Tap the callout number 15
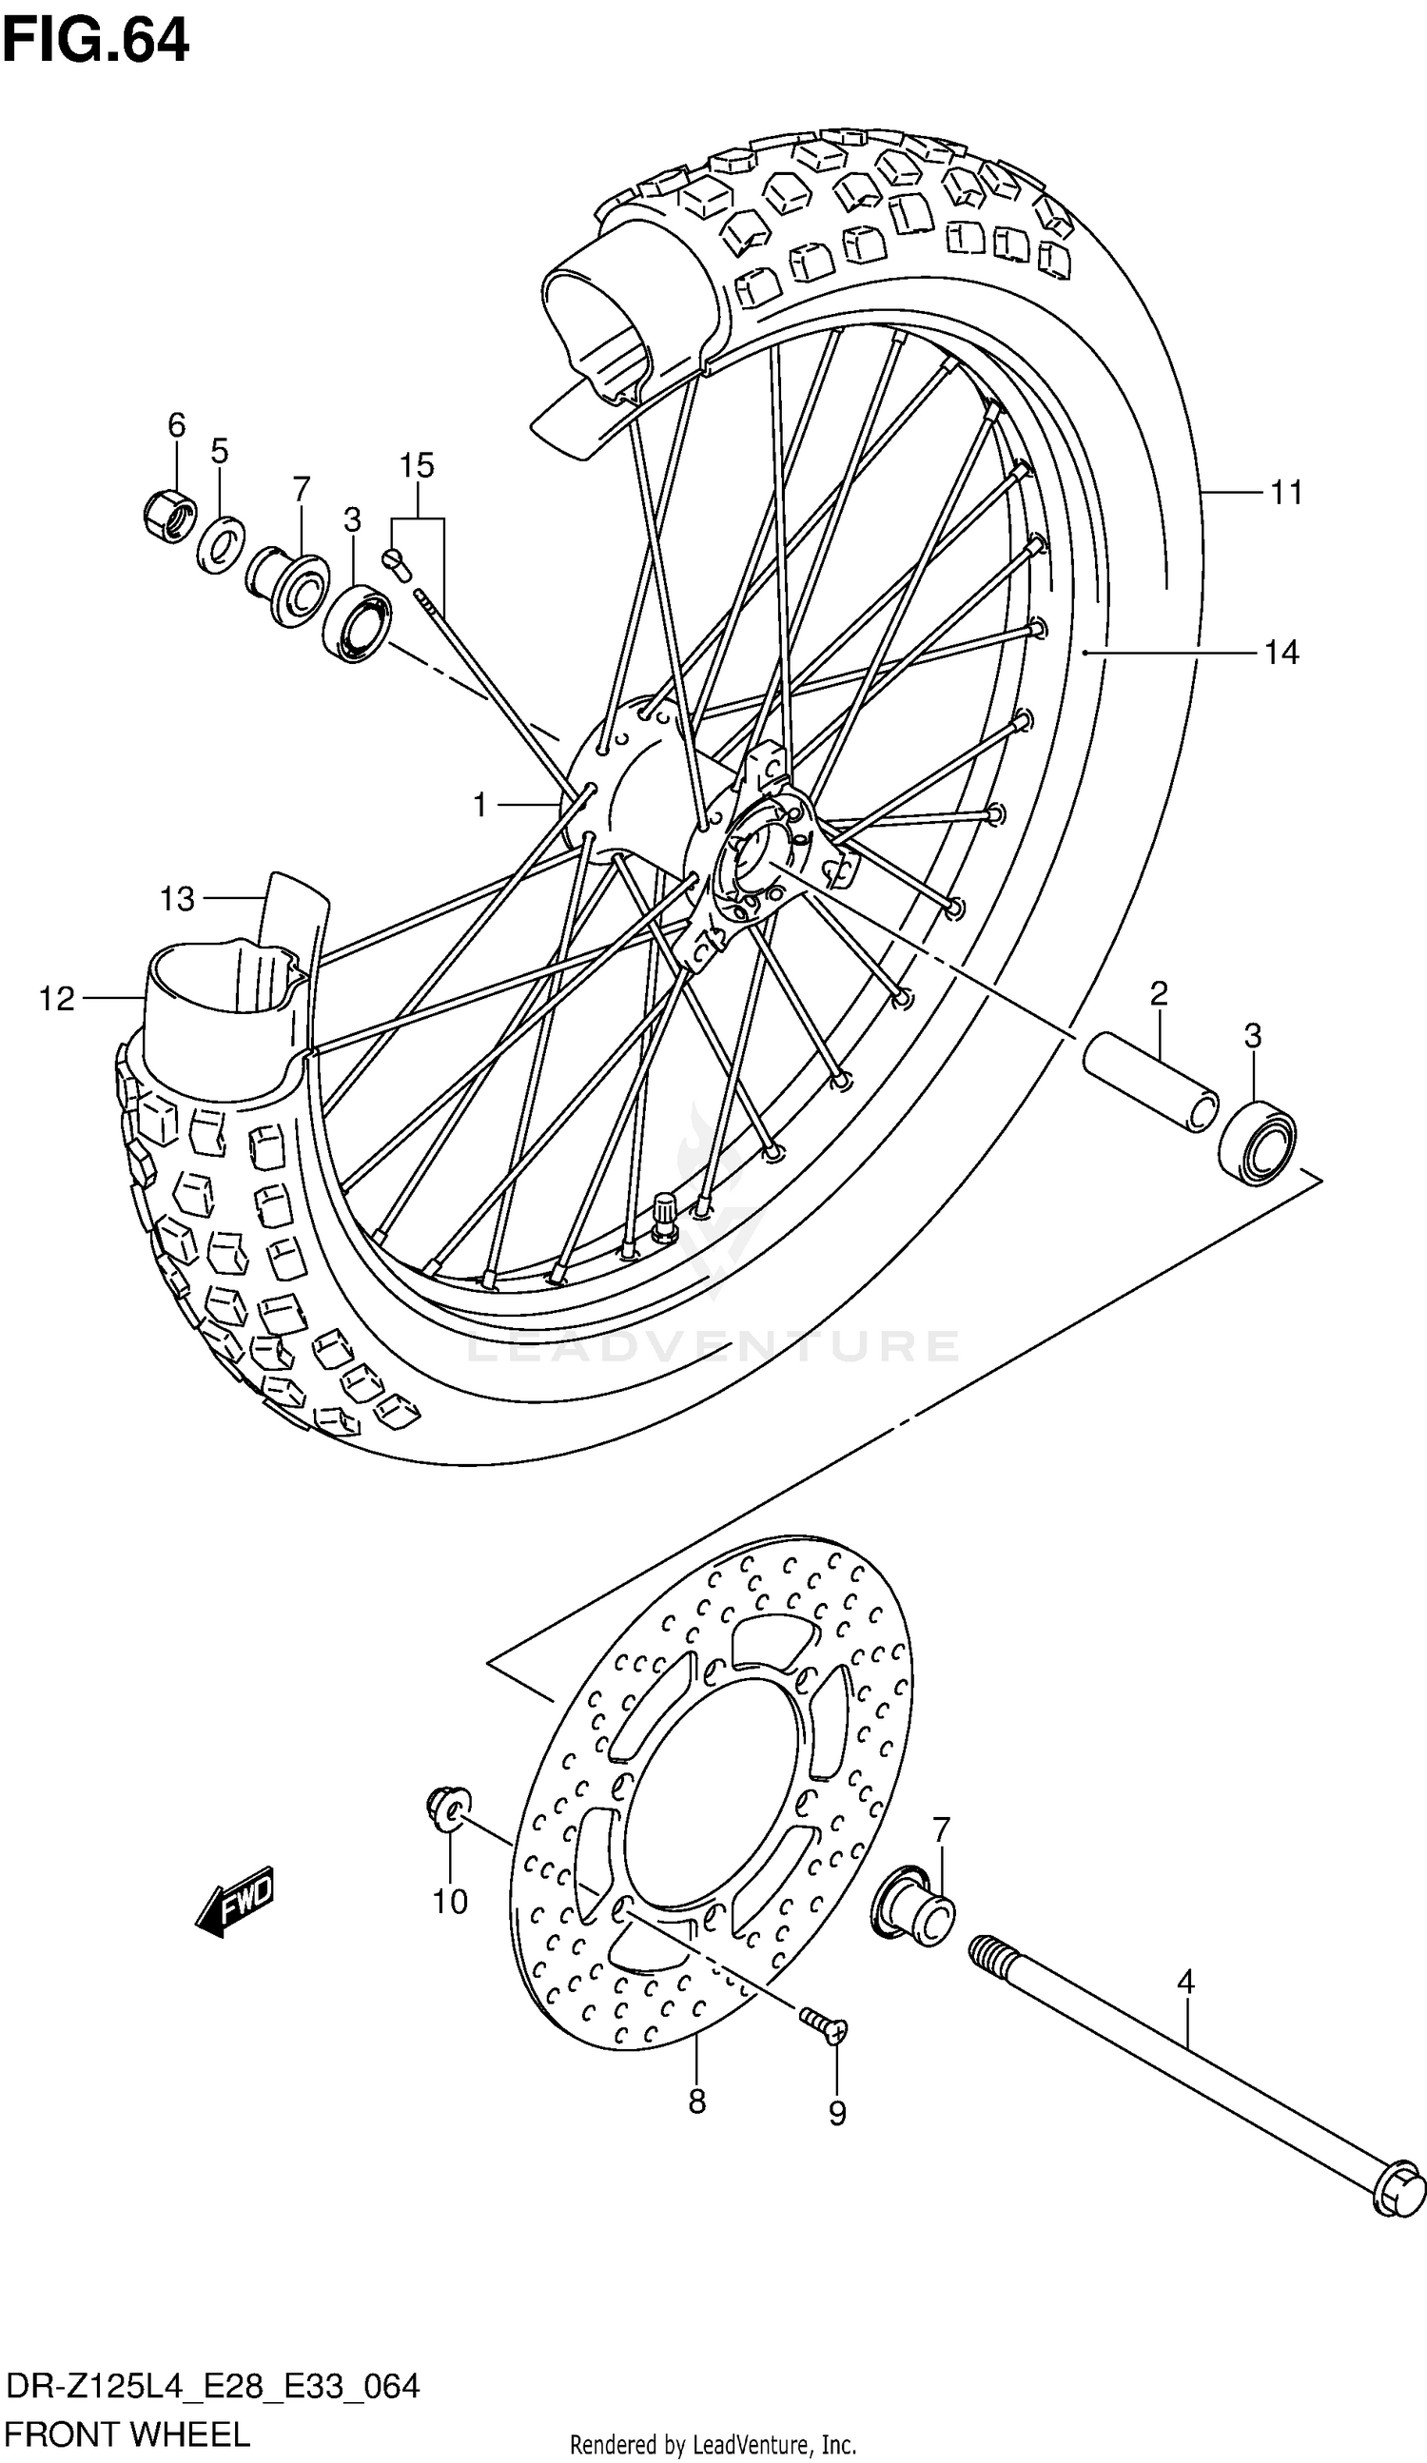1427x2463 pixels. coord(417,466)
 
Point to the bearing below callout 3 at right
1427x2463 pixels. coord(1258,1141)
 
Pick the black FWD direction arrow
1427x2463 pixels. coord(236,1902)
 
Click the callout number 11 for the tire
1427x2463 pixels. coord(1286,494)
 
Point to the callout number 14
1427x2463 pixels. coord(1281,652)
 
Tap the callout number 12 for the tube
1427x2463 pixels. coord(57,999)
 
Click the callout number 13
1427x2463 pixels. coord(178,899)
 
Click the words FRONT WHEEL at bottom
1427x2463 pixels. coord(127,2434)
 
